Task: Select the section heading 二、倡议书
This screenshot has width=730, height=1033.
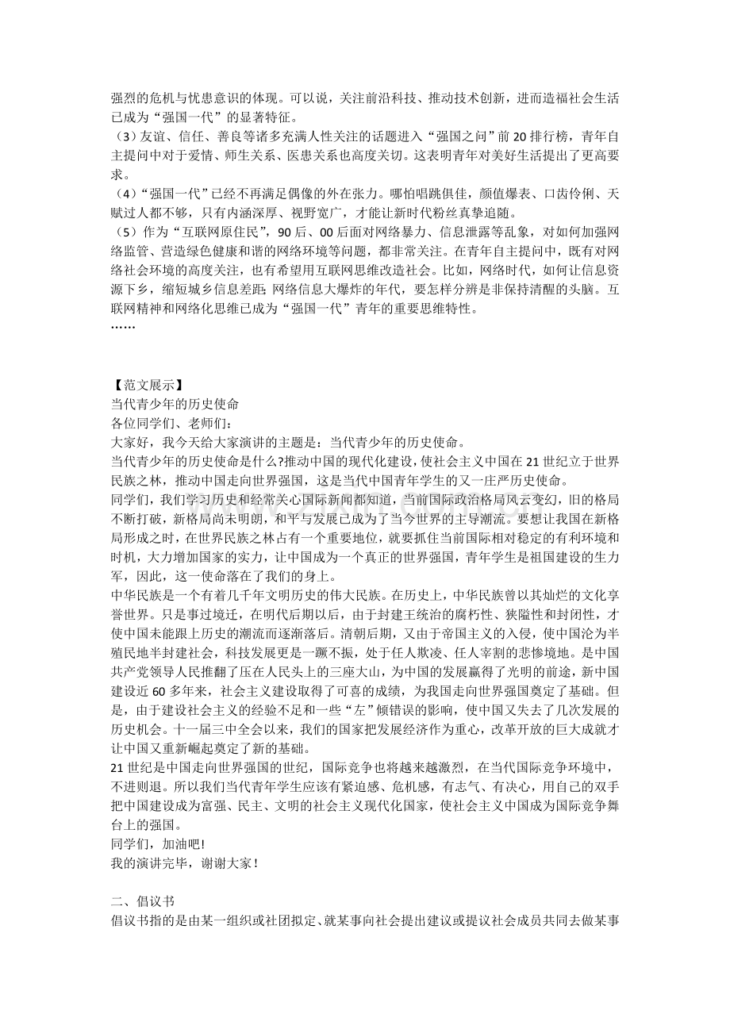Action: pos(142,903)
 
